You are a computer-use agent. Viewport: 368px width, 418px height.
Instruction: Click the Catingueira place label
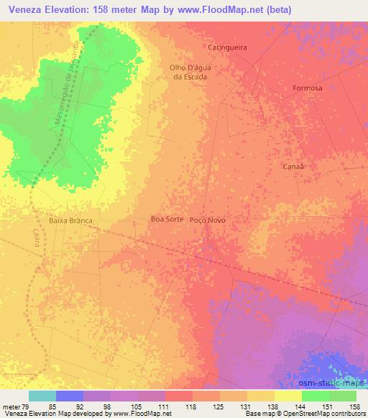[x=227, y=47]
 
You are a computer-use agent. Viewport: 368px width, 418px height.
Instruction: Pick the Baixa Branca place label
[x=72, y=220]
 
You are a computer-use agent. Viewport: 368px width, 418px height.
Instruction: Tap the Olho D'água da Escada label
[x=188, y=72]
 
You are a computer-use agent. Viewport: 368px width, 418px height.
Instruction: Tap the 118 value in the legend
[x=192, y=407]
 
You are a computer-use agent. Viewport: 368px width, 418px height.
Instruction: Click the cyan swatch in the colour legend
[x=42, y=396]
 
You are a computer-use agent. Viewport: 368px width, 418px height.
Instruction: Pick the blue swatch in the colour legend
[x=70, y=396]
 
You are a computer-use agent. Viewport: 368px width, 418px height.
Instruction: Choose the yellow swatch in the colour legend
[x=289, y=396]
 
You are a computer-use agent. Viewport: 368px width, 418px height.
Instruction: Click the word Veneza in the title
[x=21, y=8]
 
